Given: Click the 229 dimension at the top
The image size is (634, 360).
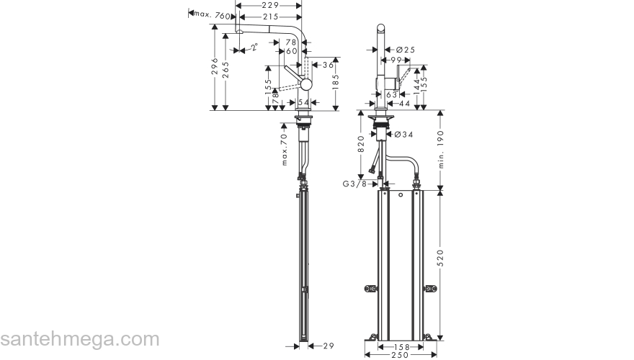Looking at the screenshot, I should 269,6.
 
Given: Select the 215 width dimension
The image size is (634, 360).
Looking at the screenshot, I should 269,16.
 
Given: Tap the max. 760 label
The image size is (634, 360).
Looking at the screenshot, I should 213,15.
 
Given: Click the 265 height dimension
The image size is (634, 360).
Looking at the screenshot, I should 226,73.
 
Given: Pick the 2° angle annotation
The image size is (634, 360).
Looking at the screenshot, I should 254,48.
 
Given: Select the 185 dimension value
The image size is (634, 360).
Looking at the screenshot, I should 336,84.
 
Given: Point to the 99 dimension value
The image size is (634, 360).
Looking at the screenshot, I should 396,60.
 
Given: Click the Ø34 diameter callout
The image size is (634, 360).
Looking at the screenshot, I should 403,134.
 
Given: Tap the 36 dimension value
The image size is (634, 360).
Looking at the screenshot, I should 328,65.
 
